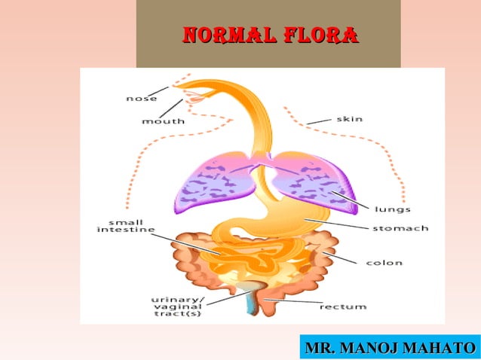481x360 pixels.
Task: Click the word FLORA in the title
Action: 317,35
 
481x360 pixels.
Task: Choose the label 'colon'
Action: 384,263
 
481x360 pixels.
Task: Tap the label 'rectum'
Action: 342,307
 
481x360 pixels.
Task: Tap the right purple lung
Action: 309,181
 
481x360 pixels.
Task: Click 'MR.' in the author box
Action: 320,349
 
